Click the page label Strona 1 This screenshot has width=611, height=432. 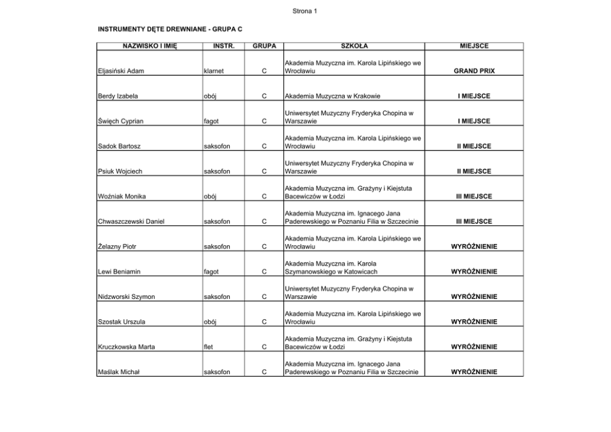click(x=305, y=11)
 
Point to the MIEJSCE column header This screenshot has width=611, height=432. click(x=474, y=46)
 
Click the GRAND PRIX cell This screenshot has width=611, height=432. click(x=474, y=71)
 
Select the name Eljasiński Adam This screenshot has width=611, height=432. click(x=121, y=71)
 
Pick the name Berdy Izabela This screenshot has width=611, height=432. click(x=118, y=96)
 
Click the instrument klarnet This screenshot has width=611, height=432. click(x=213, y=71)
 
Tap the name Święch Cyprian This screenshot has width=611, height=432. click(x=121, y=121)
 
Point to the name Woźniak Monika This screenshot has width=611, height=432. click(x=122, y=197)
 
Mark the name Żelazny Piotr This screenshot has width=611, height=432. click(x=117, y=247)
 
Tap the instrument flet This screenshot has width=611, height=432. click(x=209, y=347)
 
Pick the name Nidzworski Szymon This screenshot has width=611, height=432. click(x=126, y=297)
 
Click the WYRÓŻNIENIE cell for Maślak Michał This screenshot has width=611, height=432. click(x=474, y=372)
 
